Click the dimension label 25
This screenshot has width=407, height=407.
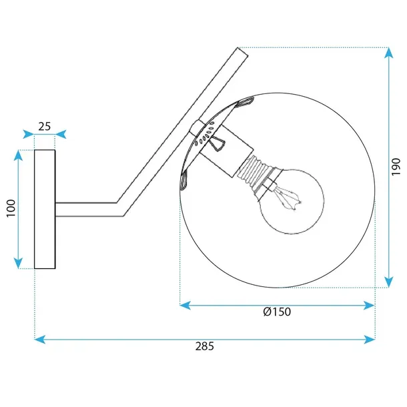(x=45, y=125)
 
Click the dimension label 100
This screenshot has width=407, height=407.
(x=10, y=209)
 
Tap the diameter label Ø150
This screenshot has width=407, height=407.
(x=277, y=312)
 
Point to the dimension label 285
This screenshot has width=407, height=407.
(x=204, y=346)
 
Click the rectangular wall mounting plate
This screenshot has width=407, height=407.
(x=45, y=209)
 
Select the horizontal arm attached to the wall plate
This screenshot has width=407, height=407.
(x=87, y=210)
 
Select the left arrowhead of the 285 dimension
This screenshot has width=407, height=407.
(x=39, y=340)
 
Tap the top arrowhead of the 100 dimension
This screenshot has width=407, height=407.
(x=19, y=155)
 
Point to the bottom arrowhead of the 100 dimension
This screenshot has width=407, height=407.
(x=19, y=264)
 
